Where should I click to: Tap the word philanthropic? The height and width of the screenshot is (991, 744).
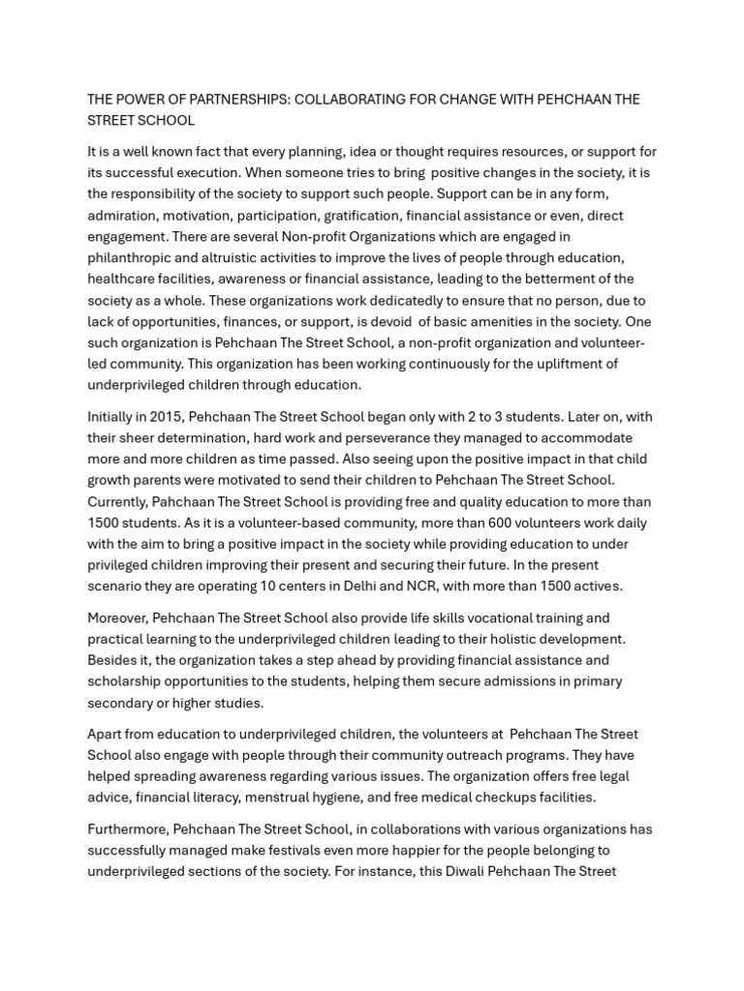(132, 257)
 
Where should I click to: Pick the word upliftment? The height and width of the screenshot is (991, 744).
(566, 364)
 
